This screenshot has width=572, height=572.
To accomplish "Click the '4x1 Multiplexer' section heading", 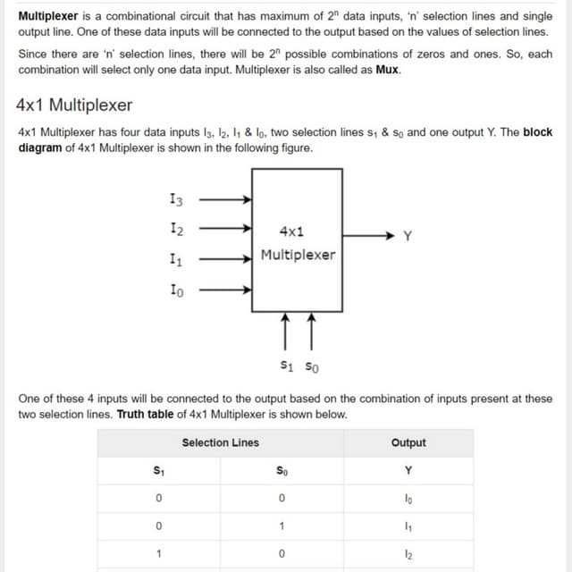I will click(x=75, y=105).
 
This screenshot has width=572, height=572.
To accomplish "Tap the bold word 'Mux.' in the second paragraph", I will click(x=387, y=70).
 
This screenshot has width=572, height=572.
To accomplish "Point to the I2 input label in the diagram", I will click(x=176, y=230).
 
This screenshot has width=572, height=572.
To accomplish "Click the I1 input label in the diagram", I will click(x=176, y=260).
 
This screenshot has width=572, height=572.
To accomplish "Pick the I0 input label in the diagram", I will click(x=176, y=290).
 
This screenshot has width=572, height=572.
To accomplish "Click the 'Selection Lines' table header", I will click(x=221, y=442).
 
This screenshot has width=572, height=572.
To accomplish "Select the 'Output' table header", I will click(x=408, y=442).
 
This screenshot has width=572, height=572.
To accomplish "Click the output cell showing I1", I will click(x=408, y=526).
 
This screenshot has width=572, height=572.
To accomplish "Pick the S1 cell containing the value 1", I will click(x=158, y=554).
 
